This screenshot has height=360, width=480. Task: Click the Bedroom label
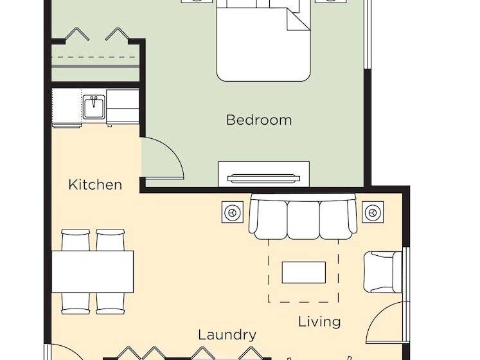pyautogui.click(x=259, y=120)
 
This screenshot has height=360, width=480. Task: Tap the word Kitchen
pyautogui.click(x=95, y=184)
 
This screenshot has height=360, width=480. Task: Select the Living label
pyautogui.click(x=319, y=322)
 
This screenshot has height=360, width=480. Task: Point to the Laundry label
pyautogui.click(x=227, y=335)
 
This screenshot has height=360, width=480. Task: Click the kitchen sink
pyautogui.click(x=94, y=106)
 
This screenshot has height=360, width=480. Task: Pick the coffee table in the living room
pyautogui.click(x=304, y=273)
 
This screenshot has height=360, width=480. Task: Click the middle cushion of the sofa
pyautogui.click(x=303, y=220)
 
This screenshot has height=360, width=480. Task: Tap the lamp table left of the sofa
pyautogui.click(x=233, y=212)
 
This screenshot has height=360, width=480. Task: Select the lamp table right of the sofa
pyautogui.click(x=373, y=212)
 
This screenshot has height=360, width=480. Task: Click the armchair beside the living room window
pyautogui.click(x=383, y=272)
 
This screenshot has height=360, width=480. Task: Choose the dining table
pyautogui.click(x=93, y=272)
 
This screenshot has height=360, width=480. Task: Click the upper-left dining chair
pyautogui.click(x=76, y=240)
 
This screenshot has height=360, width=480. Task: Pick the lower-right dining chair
pyautogui.click(x=111, y=303)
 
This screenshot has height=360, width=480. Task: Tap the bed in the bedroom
pyautogui.click(x=263, y=40)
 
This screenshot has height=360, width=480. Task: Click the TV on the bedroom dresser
pyautogui.click(x=263, y=179)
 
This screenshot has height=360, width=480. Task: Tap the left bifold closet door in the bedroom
pyautogui.click(x=77, y=33)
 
